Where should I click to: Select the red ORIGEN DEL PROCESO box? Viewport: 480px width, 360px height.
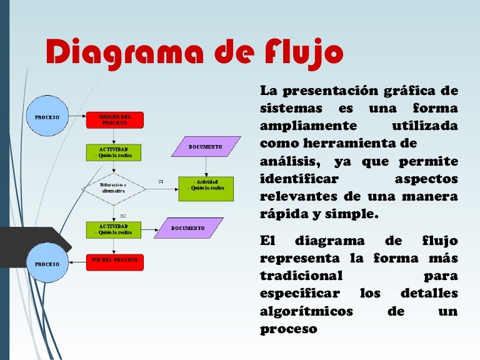click(x=114, y=119)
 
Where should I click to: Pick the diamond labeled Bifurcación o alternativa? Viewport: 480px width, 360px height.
click(x=114, y=189)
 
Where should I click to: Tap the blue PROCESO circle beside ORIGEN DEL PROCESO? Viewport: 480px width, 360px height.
click(x=47, y=117)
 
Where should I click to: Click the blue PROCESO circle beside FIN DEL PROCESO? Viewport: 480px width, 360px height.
click(x=47, y=264)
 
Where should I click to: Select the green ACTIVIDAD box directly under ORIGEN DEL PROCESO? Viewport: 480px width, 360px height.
click(x=114, y=152)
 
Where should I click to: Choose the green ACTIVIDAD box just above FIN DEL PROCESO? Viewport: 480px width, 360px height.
click(x=114, y=228)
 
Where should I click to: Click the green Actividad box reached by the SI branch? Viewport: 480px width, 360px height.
click(x=206, y=188)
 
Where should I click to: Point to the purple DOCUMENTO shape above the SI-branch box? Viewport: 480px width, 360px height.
click(x=206, y=146)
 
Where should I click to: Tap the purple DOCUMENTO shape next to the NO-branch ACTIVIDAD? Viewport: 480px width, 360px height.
click(x=188, y=228)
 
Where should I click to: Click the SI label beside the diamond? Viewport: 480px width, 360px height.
click(x=161, y=181)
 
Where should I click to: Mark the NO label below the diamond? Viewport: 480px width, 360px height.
click(x=123, y=215)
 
